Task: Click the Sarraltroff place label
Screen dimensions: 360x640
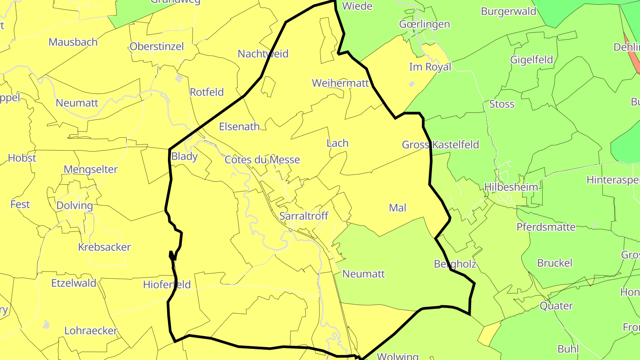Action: click(304, 216)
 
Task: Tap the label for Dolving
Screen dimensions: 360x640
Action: click(75, 206)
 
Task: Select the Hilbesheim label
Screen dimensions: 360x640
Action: click(511, 187)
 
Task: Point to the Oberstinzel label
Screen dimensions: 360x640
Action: click(156, 47)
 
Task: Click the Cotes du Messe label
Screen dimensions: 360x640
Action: click(262, 160)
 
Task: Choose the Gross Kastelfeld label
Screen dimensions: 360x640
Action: click(440, 145)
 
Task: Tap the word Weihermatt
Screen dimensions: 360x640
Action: click(340, 83)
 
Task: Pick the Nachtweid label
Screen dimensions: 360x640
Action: click(263, 54)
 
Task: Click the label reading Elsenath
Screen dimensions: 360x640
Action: click(240, 127)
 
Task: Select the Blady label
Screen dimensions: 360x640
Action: click(184, 156)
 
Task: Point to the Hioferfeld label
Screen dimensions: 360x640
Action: click(167, 285)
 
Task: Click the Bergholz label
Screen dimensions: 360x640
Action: click(455, 264)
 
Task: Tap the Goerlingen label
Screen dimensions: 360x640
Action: click(424, 24)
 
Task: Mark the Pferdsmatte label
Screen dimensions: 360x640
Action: click(546, 227)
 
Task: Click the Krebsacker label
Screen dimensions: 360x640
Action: click(104, 248)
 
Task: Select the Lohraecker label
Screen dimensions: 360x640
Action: click(91, 331)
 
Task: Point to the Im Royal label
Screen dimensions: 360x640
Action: click(430, 67)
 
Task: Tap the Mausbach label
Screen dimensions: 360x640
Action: click(73, 42)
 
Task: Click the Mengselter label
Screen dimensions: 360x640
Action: click(91, 169)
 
